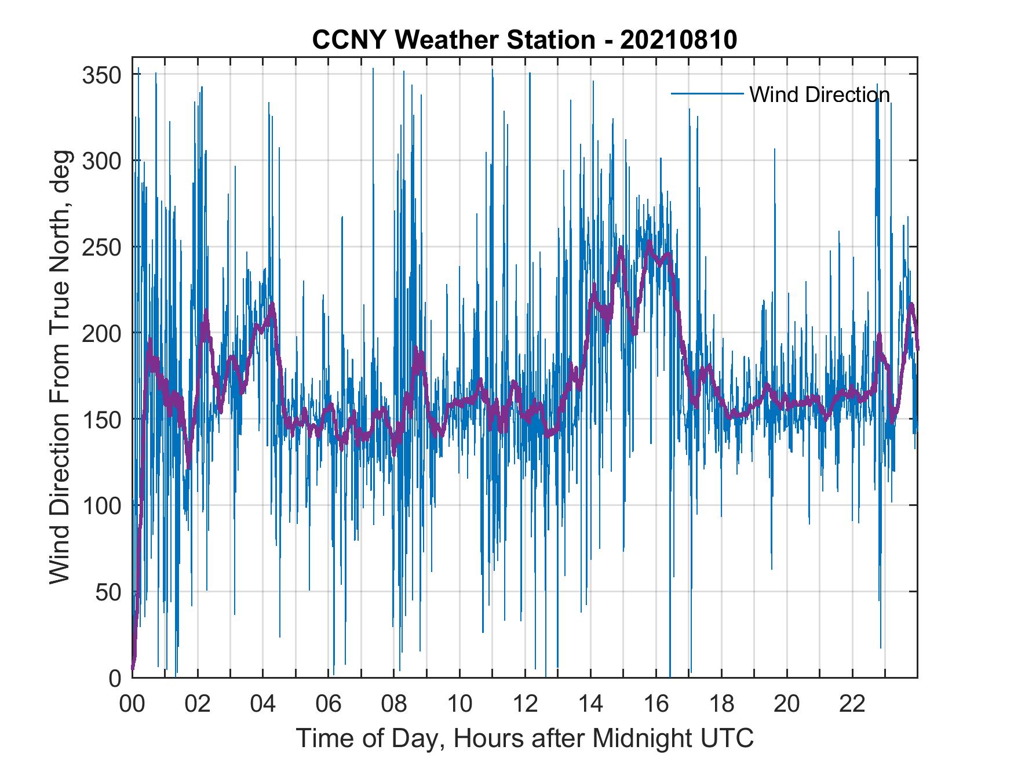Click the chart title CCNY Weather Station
pos(453,40)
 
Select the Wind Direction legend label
pos(819,94)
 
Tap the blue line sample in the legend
pos(707,94)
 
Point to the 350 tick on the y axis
pos(102,75)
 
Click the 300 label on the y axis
pos(102,161)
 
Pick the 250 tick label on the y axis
pos(102,247)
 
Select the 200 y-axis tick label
pos(102,334)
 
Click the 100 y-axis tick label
pos(102,506)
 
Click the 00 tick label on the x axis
pos(132,704)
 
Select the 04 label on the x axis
pos(263,704)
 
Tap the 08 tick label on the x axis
pos(394,704)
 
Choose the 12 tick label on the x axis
pos(525,704)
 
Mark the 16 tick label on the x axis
pos(656,704)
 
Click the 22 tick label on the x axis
pos(852,704)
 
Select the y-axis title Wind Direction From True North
pos(59,367)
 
